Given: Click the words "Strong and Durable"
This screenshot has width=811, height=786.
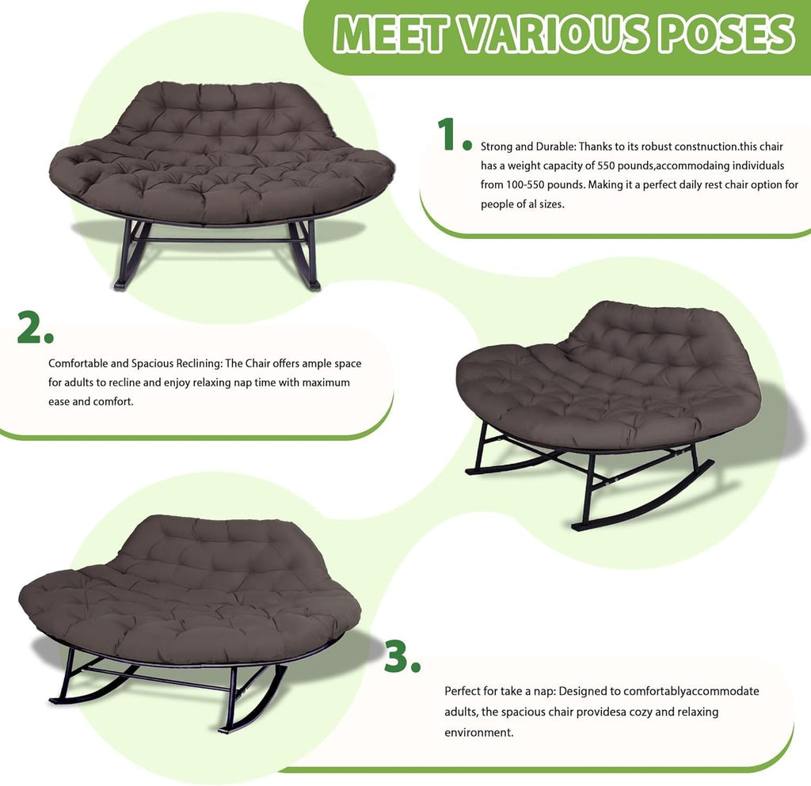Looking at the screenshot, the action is coord(527,146).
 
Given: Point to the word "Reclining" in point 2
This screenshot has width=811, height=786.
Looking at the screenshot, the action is coord(199,364).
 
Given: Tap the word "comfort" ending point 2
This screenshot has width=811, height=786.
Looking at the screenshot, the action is coord(116,401).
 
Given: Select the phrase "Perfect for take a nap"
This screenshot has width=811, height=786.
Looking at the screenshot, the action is coord(499,692).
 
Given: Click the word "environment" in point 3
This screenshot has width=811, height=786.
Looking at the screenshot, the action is coord(479,733).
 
